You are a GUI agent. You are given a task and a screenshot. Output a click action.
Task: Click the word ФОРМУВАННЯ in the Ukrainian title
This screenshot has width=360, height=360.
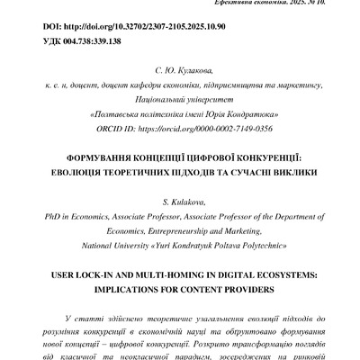[x=96, y=156]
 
